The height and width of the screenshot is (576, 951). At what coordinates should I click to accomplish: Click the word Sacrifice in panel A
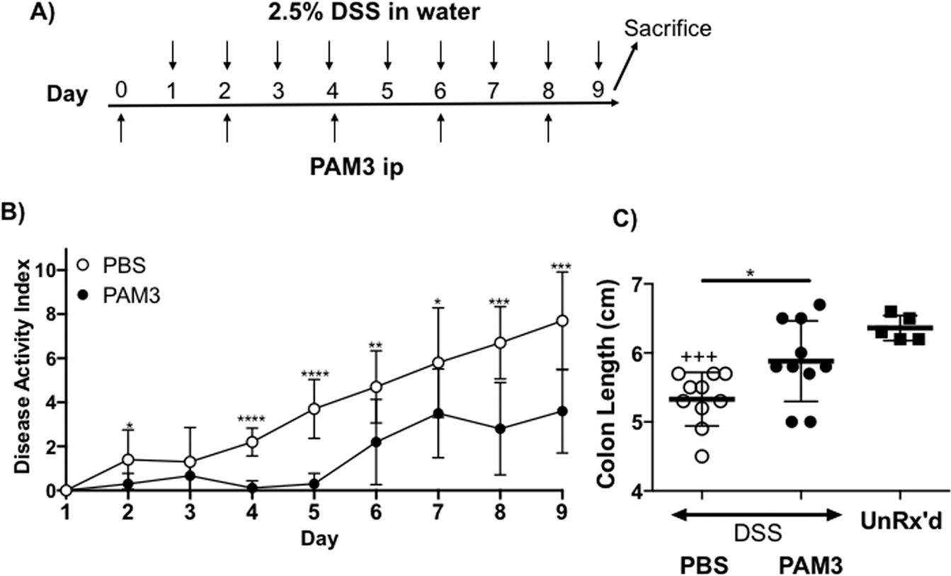[x=668, y=29]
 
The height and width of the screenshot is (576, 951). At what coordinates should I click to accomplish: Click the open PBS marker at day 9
[x=562, y=320]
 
